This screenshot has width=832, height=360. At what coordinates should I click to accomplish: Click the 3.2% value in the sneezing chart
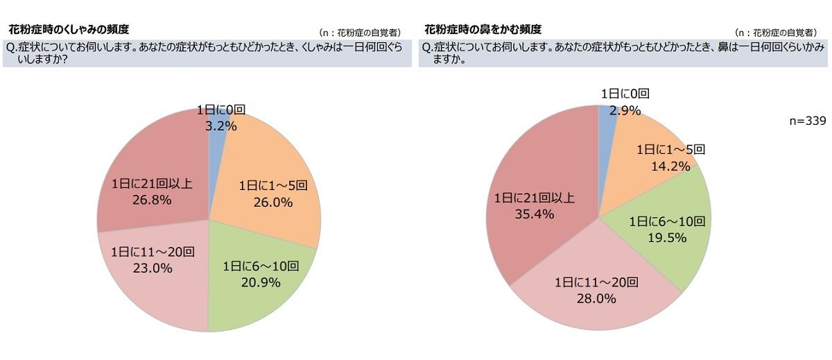(221, 126)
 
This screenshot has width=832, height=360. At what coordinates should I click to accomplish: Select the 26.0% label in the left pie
(274, 203)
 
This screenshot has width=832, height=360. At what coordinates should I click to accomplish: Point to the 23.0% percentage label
(152, 268)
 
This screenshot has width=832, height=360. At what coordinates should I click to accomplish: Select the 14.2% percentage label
(671, 166)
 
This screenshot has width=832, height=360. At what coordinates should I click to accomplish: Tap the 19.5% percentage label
(667, 238)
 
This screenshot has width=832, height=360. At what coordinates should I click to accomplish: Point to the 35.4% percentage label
(534, 214)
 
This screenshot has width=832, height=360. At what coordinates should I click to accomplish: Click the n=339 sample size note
(808, 121)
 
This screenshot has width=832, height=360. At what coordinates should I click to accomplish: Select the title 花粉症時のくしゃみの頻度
(68, 30)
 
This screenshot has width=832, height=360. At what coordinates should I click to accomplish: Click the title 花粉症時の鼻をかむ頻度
(483, 30)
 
